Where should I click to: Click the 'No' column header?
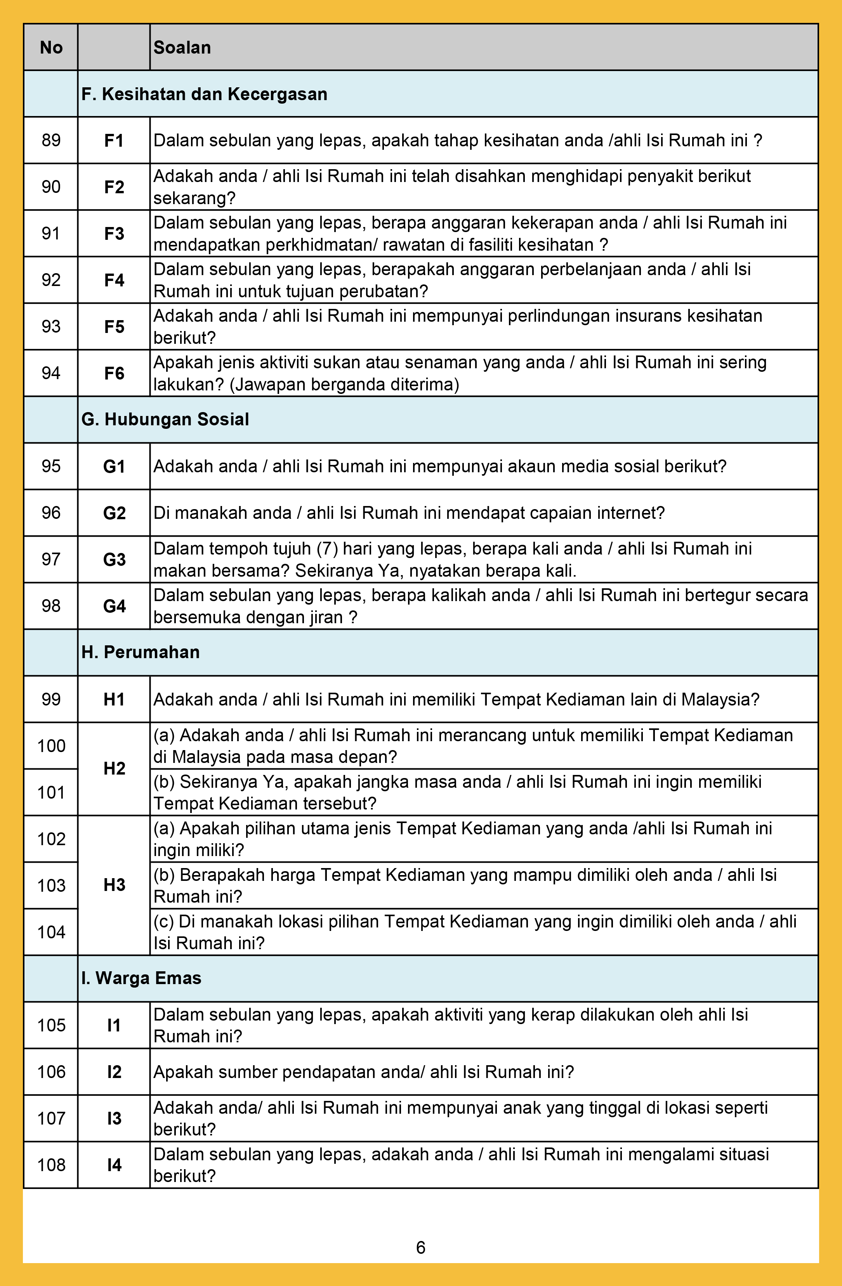click(51, 48)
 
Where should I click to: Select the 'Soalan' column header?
click(182, 48)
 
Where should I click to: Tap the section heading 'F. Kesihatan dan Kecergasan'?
click(204, 94)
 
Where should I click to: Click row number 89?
click(51, 140)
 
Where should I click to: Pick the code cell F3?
click(114, 234)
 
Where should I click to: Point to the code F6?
click(114, 373)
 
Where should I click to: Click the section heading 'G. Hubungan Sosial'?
click(165, 419)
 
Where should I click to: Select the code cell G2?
click(114, 513)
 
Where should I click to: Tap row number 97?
click(51, 559)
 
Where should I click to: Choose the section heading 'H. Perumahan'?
click(141, 652)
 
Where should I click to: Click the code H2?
click(114, 768)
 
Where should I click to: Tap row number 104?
click(51, 932)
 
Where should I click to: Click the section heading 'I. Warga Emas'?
click(142, 978)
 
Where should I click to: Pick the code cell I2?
click(114, 1071)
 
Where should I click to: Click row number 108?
click(51, 1165)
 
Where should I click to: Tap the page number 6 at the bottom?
click(420, 1247)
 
